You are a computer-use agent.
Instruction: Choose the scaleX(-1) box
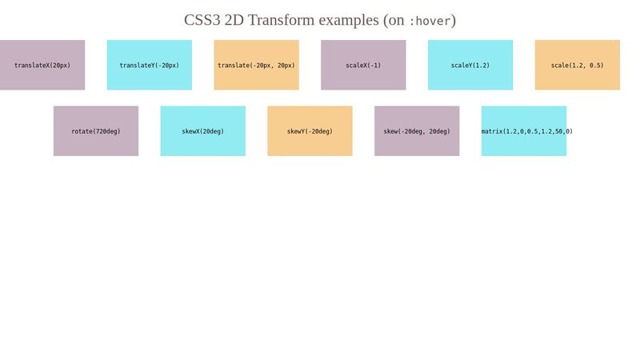[x=363, y=65]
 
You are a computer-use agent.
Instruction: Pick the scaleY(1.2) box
[x=470, y=65]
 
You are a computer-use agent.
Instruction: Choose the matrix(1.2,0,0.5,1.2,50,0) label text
[x=527, y=131]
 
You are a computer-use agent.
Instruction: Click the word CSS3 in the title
[x=202, y=20]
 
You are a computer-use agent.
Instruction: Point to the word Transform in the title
[x=281, y=20]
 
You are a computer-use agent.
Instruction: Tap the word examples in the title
[x=349, y=20]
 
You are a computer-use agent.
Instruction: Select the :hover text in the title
[x=430, y=21]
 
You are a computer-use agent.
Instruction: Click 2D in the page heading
[x=234, y=20]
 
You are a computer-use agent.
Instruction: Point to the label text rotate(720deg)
[x=96, y=131]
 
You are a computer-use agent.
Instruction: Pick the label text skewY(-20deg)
[x=310, y=131]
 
